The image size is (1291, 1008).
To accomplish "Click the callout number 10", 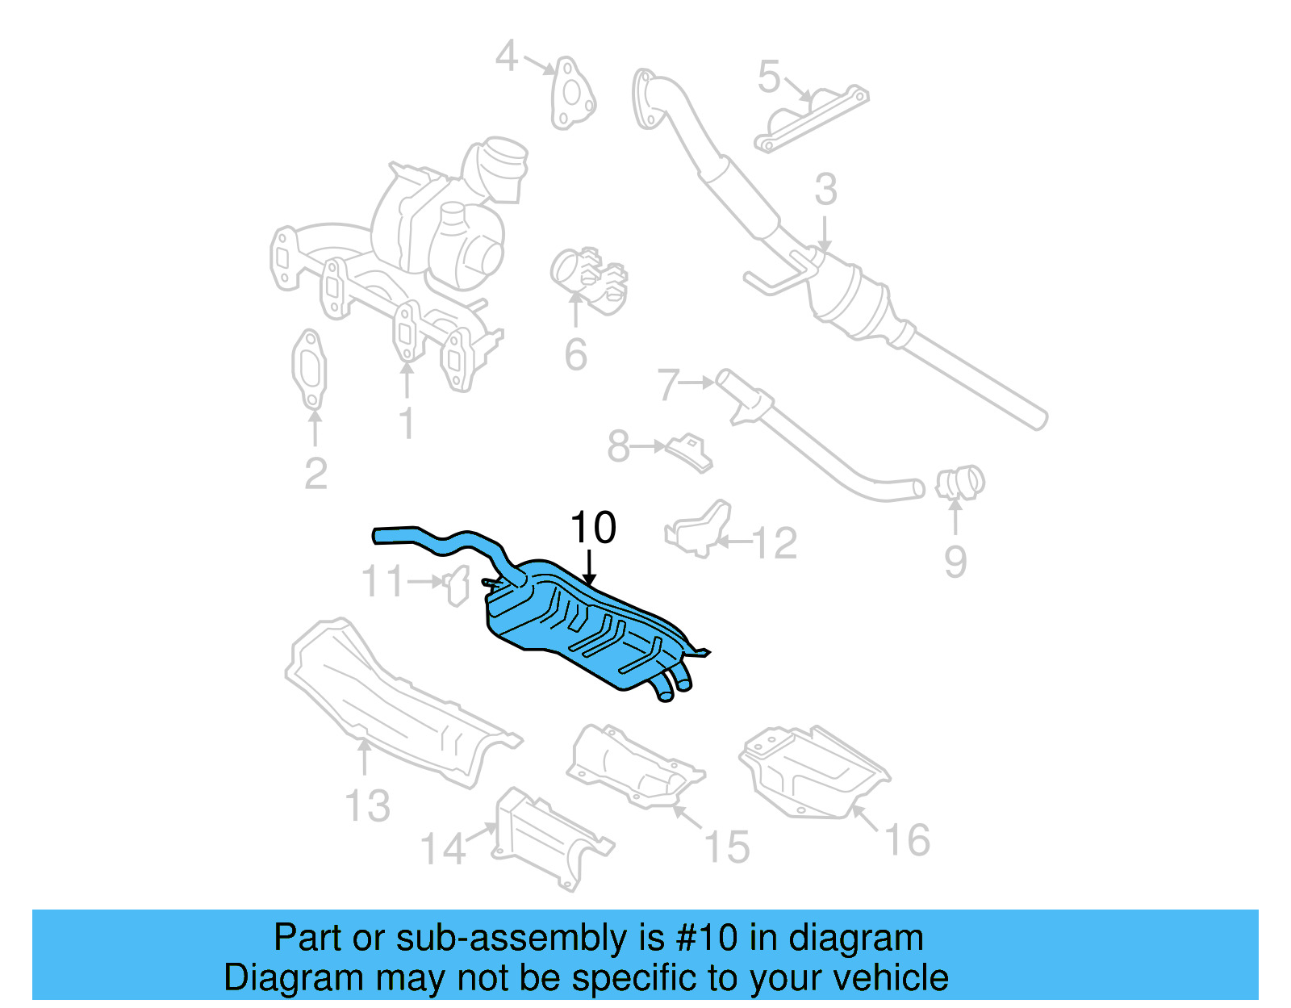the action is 593,528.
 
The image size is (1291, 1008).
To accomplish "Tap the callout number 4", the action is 506,56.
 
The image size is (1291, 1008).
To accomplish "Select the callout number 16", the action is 908,840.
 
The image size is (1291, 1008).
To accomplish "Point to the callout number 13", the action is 367,805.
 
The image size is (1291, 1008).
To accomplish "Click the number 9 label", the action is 955,562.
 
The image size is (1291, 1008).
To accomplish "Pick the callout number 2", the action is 315,473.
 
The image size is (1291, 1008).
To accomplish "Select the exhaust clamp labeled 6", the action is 589,278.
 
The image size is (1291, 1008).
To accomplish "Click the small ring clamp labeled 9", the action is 960,483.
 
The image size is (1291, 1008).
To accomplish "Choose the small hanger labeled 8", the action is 688,451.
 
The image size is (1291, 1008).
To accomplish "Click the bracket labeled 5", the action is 811,117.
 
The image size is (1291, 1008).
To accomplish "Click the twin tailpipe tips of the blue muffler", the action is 671,684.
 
